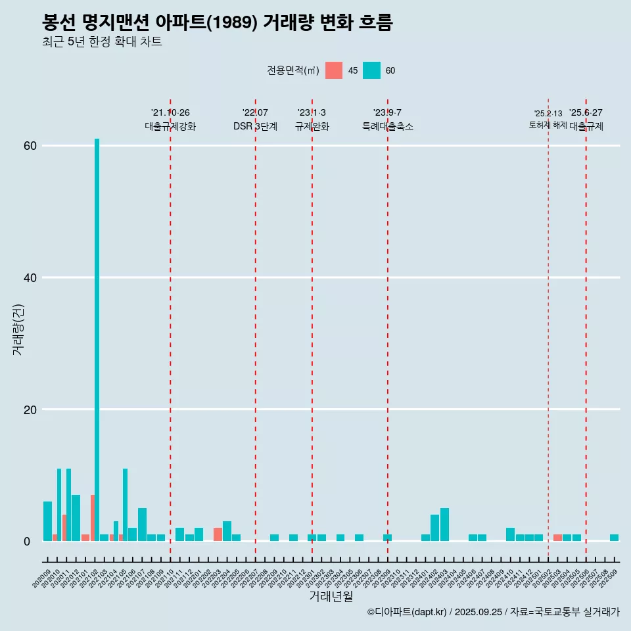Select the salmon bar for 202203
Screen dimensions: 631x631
point(218,534)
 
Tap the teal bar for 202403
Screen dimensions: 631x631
point(444,525)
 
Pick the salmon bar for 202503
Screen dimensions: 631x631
point(557,538)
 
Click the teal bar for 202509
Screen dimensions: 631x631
point(614,538)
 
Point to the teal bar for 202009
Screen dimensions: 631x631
point(47,521)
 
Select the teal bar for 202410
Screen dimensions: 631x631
point(510,534)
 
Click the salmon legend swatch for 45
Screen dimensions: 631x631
point(334,70)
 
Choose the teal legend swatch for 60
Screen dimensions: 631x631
point(371,70)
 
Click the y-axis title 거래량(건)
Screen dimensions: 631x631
point(18,329)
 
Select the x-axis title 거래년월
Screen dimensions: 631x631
point(331,597)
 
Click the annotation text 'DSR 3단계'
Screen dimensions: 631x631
point(255,126)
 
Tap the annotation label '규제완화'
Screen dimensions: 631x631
point(312,126)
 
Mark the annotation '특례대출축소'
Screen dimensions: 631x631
point(388,126)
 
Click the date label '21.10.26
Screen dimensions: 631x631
point(170,113)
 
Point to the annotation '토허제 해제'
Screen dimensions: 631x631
point(548,125)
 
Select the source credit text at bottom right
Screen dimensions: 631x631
point(493,612)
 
